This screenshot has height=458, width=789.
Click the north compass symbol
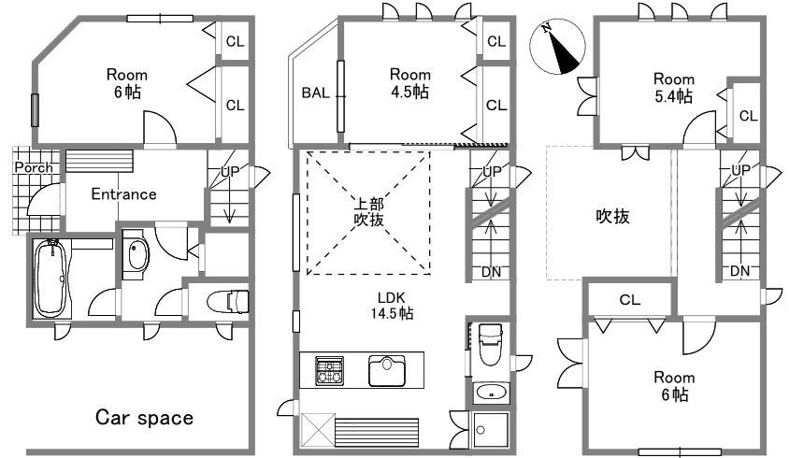(x=557, y=47)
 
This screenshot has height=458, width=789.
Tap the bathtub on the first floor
(x=50, y=279)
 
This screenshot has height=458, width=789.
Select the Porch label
(x=34, y=167)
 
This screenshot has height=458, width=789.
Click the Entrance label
(x=123, y=193)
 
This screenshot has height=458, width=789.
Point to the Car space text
(x=144, y=417)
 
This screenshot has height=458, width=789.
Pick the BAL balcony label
(x=315, y=93)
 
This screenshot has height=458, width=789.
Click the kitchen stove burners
(x=330, y=371)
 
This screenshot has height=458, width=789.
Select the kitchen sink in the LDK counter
(x=387, y=370)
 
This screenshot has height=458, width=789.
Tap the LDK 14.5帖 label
(x=392, y=306)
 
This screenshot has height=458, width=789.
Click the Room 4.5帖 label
(x=410, y=83)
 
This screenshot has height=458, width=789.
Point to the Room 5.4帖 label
(x=674, y=87)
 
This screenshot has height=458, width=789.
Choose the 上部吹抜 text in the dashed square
(x=369, y=212)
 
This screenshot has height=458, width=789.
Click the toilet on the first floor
(x=228, y=301)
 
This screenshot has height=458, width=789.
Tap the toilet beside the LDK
(x=490, y=345)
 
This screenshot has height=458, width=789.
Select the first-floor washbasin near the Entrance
(x=136, y=254)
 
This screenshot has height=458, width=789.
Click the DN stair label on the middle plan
(x=491, y=272)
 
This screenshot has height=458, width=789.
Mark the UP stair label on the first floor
(x=231, y=172)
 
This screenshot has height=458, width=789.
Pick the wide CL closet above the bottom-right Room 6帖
(x=630, y=299)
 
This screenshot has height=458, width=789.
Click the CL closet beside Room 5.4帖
(x=748, y=116)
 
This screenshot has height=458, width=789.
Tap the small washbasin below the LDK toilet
(x=491, y=392)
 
